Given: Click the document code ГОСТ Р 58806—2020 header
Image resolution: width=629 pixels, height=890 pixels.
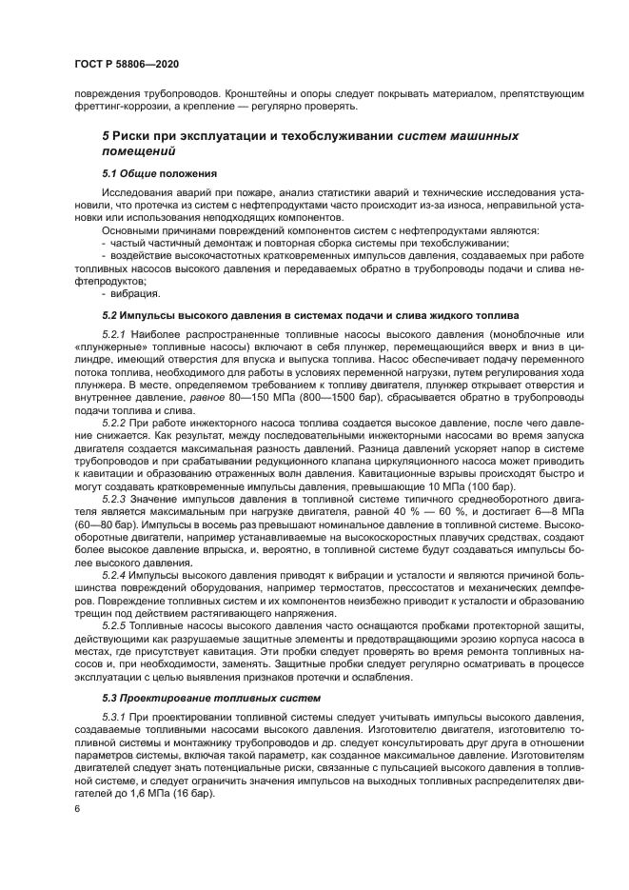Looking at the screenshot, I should [x=127, y=64].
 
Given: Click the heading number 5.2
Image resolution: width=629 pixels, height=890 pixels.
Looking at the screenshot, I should [x=111, y=313].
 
